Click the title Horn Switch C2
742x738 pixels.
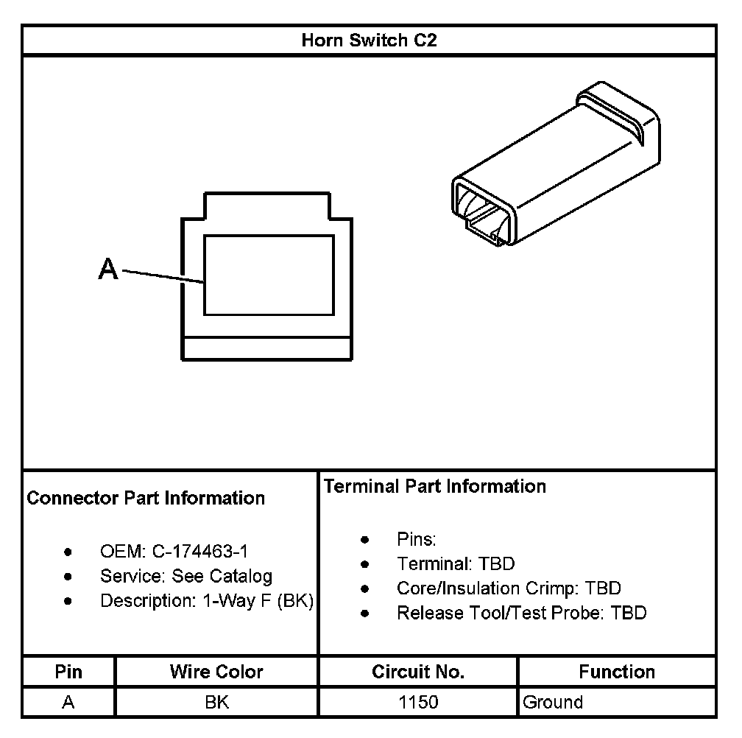(369, 41)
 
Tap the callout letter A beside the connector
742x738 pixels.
(108, 269)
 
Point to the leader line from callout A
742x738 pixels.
(163, 276)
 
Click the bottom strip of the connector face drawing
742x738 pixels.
(267, 348)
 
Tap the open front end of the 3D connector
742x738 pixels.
(484, 211)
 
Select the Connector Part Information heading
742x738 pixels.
(146, 498)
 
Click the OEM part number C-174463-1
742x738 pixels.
(199, 552)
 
